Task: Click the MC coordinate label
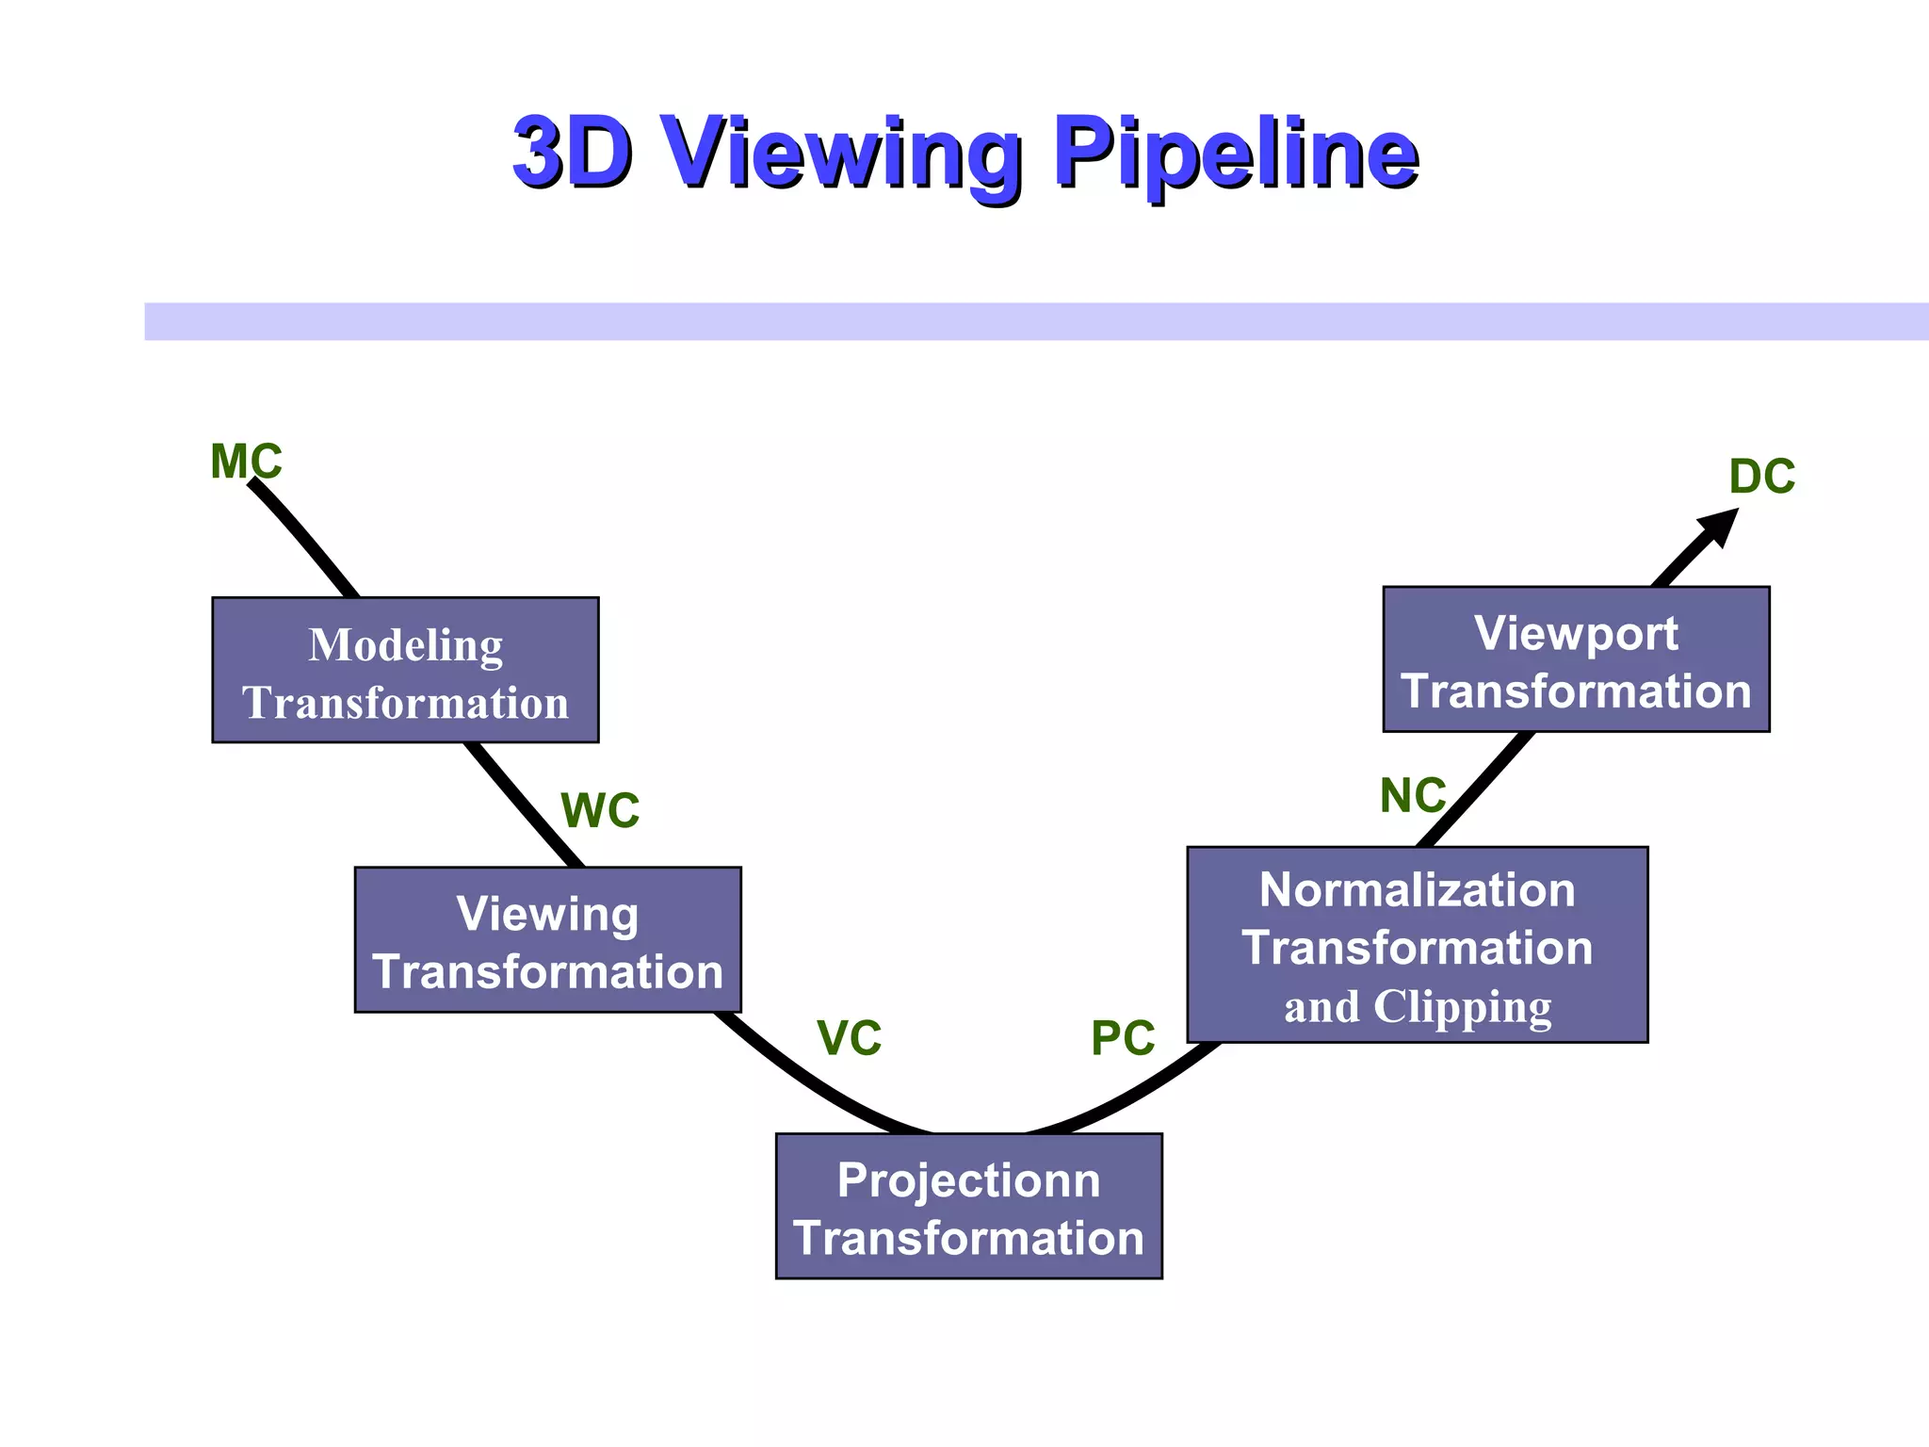[246, 462]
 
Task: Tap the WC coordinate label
[600, 810]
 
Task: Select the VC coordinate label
[850, 1038]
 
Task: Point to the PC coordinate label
[1123, 1038]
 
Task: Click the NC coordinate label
[1413, 796]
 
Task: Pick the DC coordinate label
[1762, 477]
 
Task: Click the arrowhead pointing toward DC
[1720, 526]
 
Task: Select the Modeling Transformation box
[405, 670]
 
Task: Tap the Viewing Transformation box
[547, 939]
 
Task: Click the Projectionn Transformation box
[968, 1206]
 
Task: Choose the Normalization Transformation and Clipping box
[1417, 944]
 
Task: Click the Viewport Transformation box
[1576, 659]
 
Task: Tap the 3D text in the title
[572, 153]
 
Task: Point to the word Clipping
[1462, 1007]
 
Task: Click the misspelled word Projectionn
[968, 1179]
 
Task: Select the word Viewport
[1576, 633]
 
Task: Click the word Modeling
[405, 645]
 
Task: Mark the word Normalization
[1417, 889]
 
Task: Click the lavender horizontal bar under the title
[1036, 321]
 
